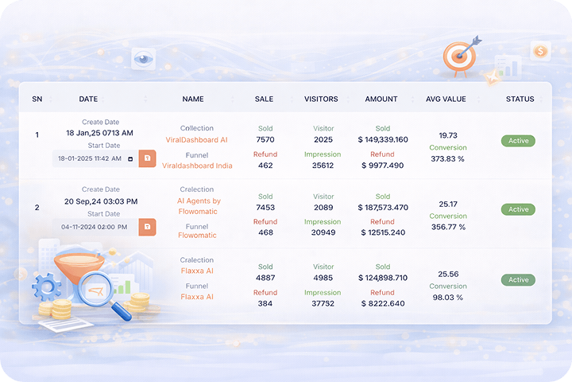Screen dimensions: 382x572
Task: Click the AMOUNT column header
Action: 381,99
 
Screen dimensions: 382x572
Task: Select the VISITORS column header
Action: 321,99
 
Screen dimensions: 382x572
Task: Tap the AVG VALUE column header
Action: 446,99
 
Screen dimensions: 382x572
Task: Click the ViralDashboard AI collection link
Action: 196,140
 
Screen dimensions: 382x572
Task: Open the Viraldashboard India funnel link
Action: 197,166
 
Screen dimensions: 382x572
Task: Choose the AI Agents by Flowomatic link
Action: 199,207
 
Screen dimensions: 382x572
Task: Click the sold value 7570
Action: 265,140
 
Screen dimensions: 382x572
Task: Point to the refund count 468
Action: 265,232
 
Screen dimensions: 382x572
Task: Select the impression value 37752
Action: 323,303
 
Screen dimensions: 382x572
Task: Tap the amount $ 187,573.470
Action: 383,207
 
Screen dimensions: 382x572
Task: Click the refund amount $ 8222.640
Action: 383,303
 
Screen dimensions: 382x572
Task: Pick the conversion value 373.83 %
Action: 448,158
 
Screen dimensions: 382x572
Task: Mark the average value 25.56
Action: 448,274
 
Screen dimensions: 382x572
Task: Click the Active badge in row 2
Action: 518,209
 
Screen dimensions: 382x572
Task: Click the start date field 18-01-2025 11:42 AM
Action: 94,158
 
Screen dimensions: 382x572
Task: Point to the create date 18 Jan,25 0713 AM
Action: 99,133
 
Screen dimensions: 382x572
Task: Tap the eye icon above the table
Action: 143,57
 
